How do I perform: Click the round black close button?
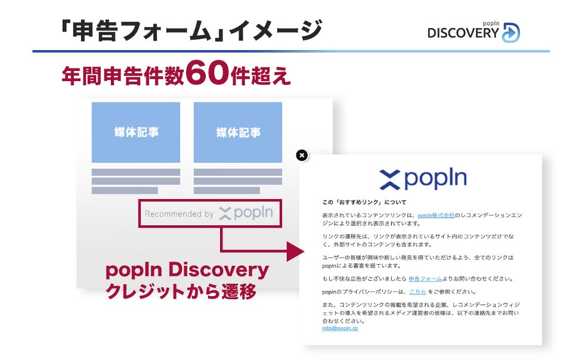pos(302,156)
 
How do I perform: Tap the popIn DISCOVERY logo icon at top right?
pos(510,32)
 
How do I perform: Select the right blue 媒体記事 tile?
pos(238,132)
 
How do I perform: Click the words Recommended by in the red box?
pos(179,213)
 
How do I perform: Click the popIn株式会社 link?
pos(436,215)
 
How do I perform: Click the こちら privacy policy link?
pos(417,291)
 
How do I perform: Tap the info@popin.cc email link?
pos(340,328)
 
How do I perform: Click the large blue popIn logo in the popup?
pos(423,178)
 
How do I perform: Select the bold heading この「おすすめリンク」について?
pos(364,202)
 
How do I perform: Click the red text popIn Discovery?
pos(187,270)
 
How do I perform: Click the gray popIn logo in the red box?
pos(246,213)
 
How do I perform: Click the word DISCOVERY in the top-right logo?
pos(462,34)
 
